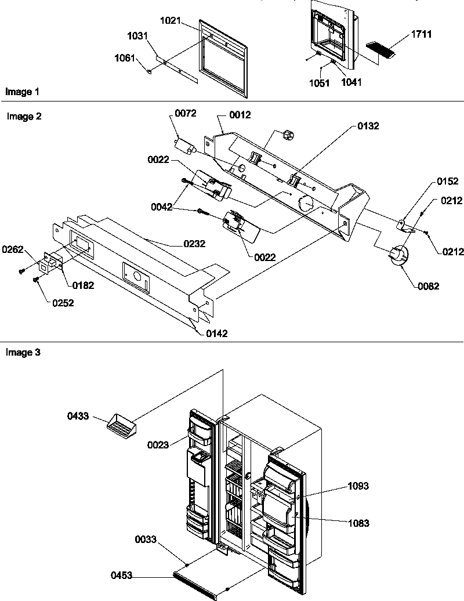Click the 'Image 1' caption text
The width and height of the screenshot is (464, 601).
(x=23, y=92)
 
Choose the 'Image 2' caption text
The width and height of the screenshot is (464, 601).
(x=24, y=116)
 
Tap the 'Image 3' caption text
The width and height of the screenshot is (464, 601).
(x=23, y=352)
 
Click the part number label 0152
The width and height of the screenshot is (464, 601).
(x=447, y=182)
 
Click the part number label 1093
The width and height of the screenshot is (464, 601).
(x=358, y=486)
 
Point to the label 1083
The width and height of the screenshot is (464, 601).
(x=358, y=523)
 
